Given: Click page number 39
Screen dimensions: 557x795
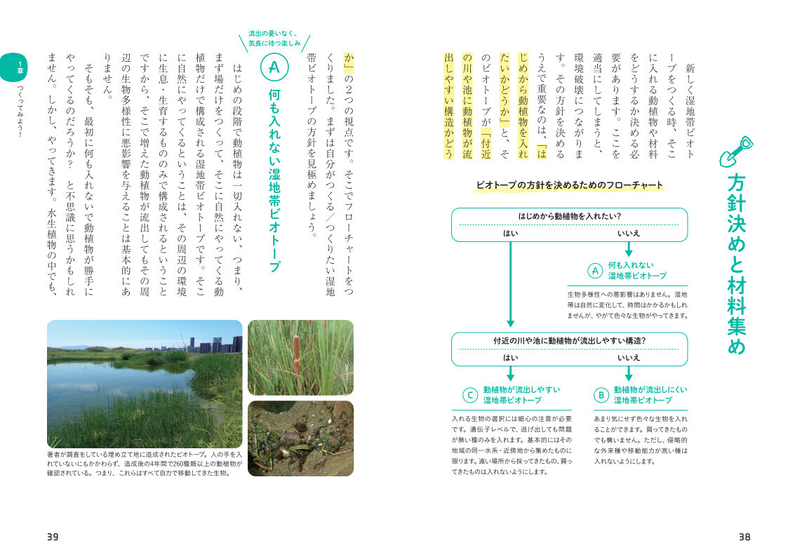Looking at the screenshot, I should (53, 537).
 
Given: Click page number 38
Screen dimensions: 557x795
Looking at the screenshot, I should (744, 537).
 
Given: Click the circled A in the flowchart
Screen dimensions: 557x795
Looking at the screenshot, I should (594, 271).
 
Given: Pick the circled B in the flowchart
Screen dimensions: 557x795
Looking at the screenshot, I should (601, 395).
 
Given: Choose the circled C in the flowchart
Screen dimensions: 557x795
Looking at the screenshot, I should (469, 395).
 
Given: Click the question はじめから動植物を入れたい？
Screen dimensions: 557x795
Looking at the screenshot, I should (569, 216).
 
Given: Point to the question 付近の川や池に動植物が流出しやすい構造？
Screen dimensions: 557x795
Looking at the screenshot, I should (569, 341).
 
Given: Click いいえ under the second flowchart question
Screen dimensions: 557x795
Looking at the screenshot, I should (629, 357).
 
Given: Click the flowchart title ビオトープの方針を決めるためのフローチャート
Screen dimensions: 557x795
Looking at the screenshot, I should (569, 185).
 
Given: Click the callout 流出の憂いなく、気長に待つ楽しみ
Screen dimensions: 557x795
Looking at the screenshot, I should (274, 39).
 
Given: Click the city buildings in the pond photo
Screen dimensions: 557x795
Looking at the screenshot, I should (211, 344).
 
